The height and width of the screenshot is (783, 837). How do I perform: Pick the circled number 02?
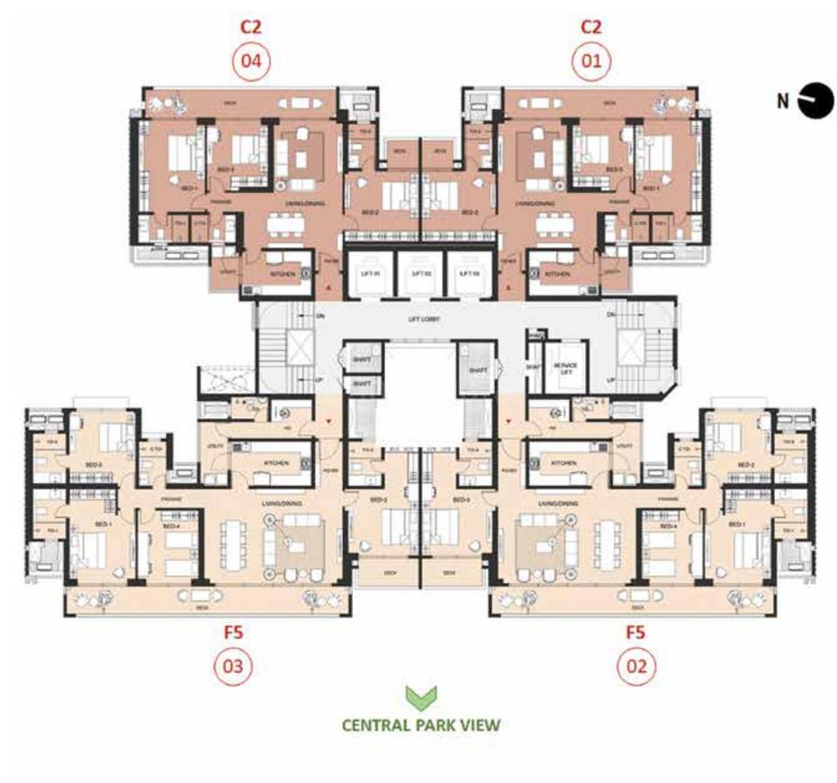[635, 667]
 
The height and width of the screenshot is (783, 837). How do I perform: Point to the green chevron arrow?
[419, 697]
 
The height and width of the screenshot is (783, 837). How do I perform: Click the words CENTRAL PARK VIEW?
[419, 724]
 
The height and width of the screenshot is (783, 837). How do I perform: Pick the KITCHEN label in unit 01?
[557, 273]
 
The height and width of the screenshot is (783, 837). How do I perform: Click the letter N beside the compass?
[784, 100]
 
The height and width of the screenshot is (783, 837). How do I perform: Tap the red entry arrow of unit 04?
[331, 287]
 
